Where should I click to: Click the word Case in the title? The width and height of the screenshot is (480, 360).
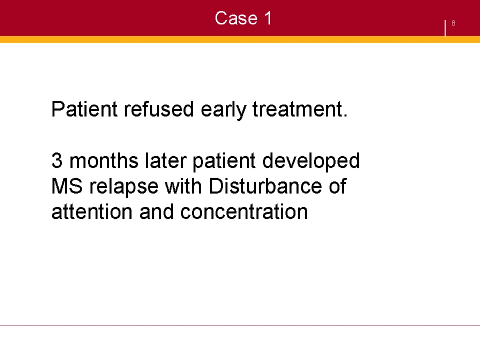(x=236, y=18)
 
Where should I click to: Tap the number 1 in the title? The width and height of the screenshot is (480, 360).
(x=268, y=18)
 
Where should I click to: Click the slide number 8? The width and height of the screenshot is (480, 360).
(x=453, y=23)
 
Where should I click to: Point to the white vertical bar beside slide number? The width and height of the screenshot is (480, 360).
(x=445, y=28)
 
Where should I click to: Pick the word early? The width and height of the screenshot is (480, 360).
(x=224, y=110)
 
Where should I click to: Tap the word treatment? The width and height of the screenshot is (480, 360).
(x=300, y=109)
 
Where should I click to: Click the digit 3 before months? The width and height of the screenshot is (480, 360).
(x=57, y=161)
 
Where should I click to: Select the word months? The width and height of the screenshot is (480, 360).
(x=104, y=161)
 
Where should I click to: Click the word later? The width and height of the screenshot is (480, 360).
(x=165, y=161)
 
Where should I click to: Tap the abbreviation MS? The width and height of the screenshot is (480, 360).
(x=67, y=186)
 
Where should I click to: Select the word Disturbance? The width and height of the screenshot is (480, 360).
(x=265, y=186)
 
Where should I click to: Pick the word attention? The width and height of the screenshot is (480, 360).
(x=92, y=212)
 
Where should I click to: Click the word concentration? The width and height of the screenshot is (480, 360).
(x=244, y=212)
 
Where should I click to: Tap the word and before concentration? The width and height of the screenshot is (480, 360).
(x=157, y=211)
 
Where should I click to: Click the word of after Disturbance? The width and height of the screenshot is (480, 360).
(x=337, y=186)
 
